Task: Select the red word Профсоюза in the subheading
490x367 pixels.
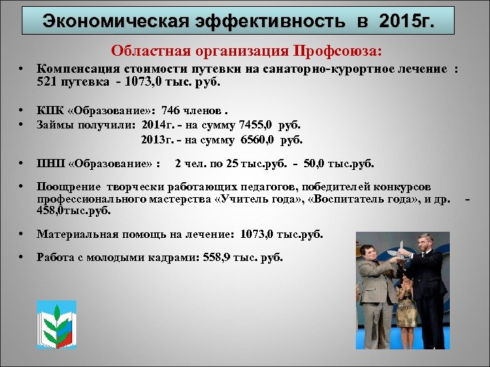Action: click(x=338, y=51)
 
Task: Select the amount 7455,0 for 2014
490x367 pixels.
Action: click(x=257, y=124)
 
